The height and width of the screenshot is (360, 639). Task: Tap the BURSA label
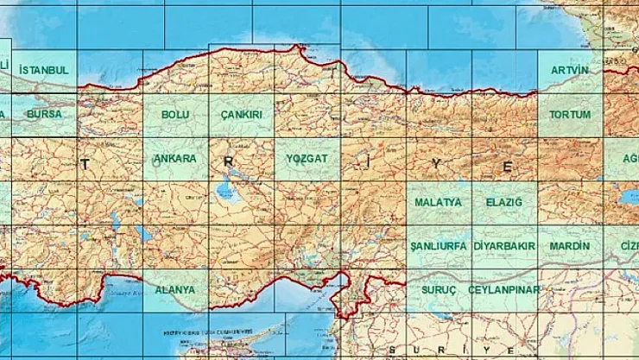pos(43,114)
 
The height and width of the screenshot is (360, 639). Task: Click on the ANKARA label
pos(175,160)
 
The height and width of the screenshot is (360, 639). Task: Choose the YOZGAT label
pos(307,160)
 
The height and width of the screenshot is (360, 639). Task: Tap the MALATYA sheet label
pos(438,202)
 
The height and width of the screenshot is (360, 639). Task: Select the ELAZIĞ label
pos(504,202)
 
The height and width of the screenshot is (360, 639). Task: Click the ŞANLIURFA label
pos(438,246)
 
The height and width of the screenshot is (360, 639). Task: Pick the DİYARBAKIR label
pos(505,246)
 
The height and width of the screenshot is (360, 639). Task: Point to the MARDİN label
pos(570,246)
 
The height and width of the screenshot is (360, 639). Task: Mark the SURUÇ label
pos(438,290)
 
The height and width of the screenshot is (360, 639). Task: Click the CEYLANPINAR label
pos(504,290)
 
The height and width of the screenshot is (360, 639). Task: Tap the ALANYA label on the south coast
pos(175,290)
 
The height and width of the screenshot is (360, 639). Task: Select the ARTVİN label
pos(570,70)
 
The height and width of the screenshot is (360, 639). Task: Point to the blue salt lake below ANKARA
pos(226,189)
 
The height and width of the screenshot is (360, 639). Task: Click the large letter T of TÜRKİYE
pos(85,162)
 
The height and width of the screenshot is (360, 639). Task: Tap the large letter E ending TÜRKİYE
pos(509,166)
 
